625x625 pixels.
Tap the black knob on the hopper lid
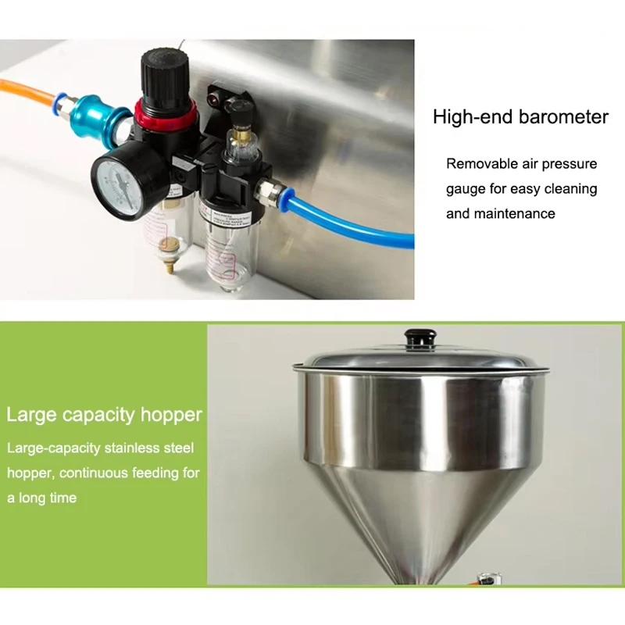click(x=420, y=339)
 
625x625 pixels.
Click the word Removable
click(x=482, y=164)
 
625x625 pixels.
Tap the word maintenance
click(x=515, y=213)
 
